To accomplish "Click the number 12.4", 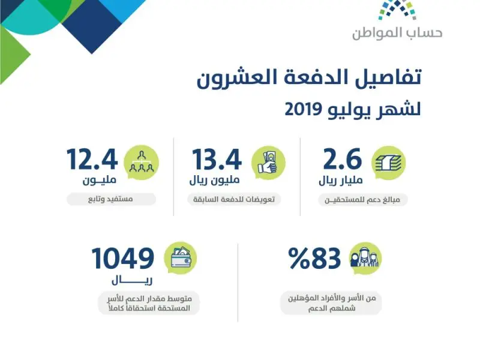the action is pyautogui.click(x=92, y=159).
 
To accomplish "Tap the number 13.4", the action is pyautogui.click(x=217, y=159).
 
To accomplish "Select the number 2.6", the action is pyautogui.click(x=343, y=159).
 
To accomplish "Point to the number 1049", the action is pyautogui.click(x=123, y=259).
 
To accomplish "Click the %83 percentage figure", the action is pyautogui.click(x=314, y=259).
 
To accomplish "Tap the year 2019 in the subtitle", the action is pyautogui.click(x=304, y=109).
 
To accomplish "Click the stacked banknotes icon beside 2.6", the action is pyautogui.click(x=388, y=163).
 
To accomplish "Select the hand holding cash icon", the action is pyautogui.click(x=268, y=163).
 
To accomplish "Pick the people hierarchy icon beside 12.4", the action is pyautogui.click(x=141, y=162).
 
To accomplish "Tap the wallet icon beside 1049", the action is pyautogui.click(x=181, y=258).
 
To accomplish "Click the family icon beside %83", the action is pyautogui.click(x=365, y=258).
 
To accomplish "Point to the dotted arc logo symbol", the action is pyautogui.click(x=397, y=9).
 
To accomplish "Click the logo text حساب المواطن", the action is pyautogui.click(x=397, y=33).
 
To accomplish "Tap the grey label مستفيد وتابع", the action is pyautogui.click(x=111, y=199).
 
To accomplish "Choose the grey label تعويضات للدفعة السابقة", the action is pyautogui.click(x=234, y=199).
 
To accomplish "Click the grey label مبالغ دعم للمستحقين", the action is pyautogui.click(x=363, y=200).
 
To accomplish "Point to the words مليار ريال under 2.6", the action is pyautogui.click(x=341, y=181).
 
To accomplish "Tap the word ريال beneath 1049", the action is pyautogui.click(x=132, y=280).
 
